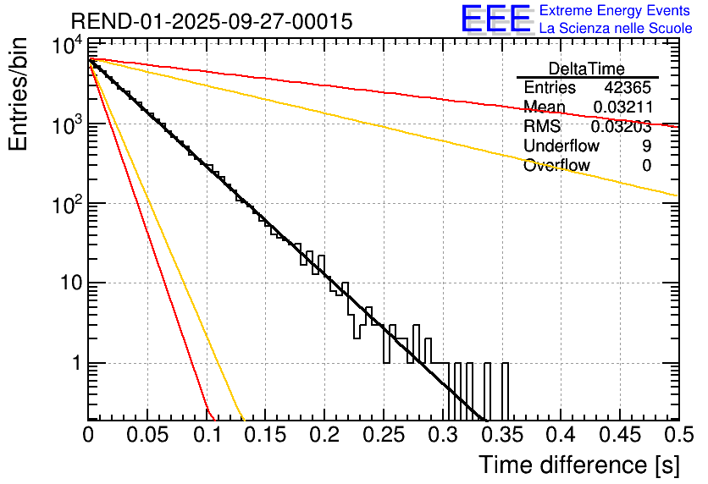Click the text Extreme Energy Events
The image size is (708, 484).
616,11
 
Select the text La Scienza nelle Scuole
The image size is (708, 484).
616,29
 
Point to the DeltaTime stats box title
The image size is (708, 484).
587,69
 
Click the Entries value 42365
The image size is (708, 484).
628,88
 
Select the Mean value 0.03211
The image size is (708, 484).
622,107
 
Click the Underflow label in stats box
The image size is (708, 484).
561,146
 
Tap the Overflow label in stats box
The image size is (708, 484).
557,166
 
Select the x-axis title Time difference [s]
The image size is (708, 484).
578,465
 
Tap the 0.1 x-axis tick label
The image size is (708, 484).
206,436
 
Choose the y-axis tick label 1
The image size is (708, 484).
75,363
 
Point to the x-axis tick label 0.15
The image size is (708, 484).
265,436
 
